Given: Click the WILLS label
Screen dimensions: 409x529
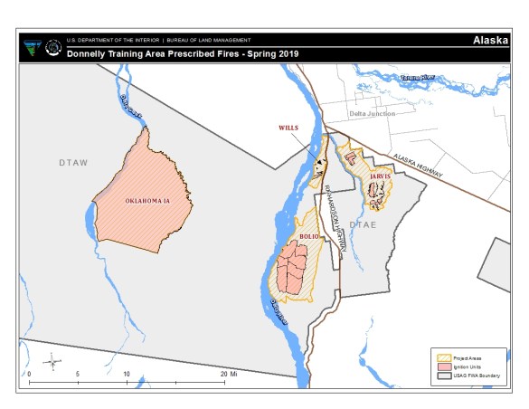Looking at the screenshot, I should click(x=288, y=128).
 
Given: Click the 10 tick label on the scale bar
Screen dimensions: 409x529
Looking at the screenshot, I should click(x=127, y=374).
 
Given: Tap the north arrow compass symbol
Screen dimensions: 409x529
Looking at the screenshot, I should click(x=55, y=361).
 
